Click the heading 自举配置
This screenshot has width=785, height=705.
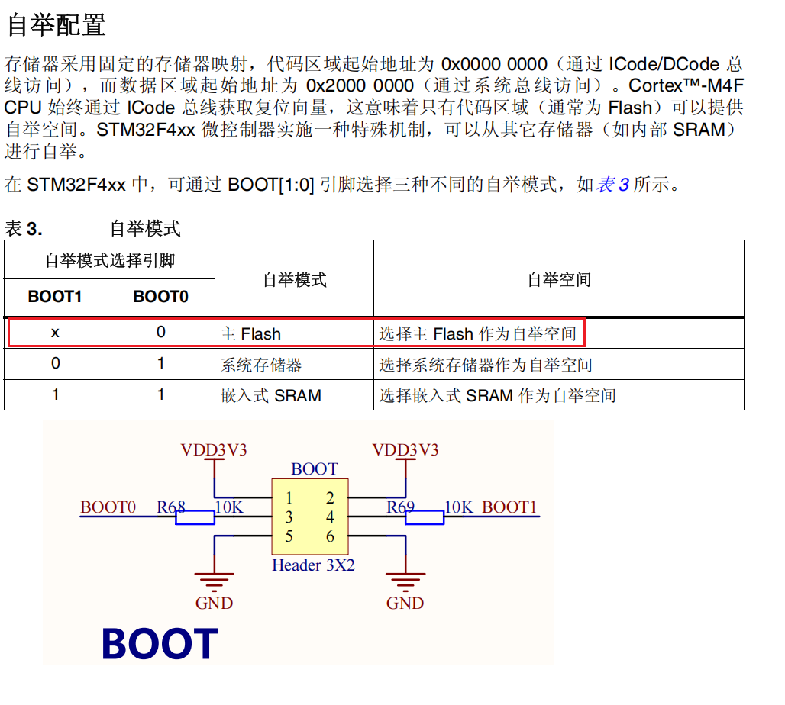(56, 25)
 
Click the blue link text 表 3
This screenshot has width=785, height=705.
(613, 185)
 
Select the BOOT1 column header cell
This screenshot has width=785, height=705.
(55, 297)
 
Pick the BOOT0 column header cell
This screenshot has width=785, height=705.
(160, 297)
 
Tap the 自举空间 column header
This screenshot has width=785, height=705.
(559, 280)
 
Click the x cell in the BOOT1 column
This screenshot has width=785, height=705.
(55, 333)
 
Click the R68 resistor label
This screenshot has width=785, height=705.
(171, 507)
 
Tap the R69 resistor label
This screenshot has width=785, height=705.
(400, 507)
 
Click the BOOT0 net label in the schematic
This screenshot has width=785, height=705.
(108, 507)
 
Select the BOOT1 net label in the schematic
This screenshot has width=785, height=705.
(509, 507)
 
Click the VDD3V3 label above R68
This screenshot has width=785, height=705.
(214, 449)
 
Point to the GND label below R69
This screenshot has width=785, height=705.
(405, 604)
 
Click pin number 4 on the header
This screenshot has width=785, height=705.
(330, 517)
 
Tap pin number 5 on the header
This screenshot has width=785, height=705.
(289, 536)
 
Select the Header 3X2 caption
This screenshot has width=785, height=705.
(313, 565)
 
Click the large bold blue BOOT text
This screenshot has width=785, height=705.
(160, 644)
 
